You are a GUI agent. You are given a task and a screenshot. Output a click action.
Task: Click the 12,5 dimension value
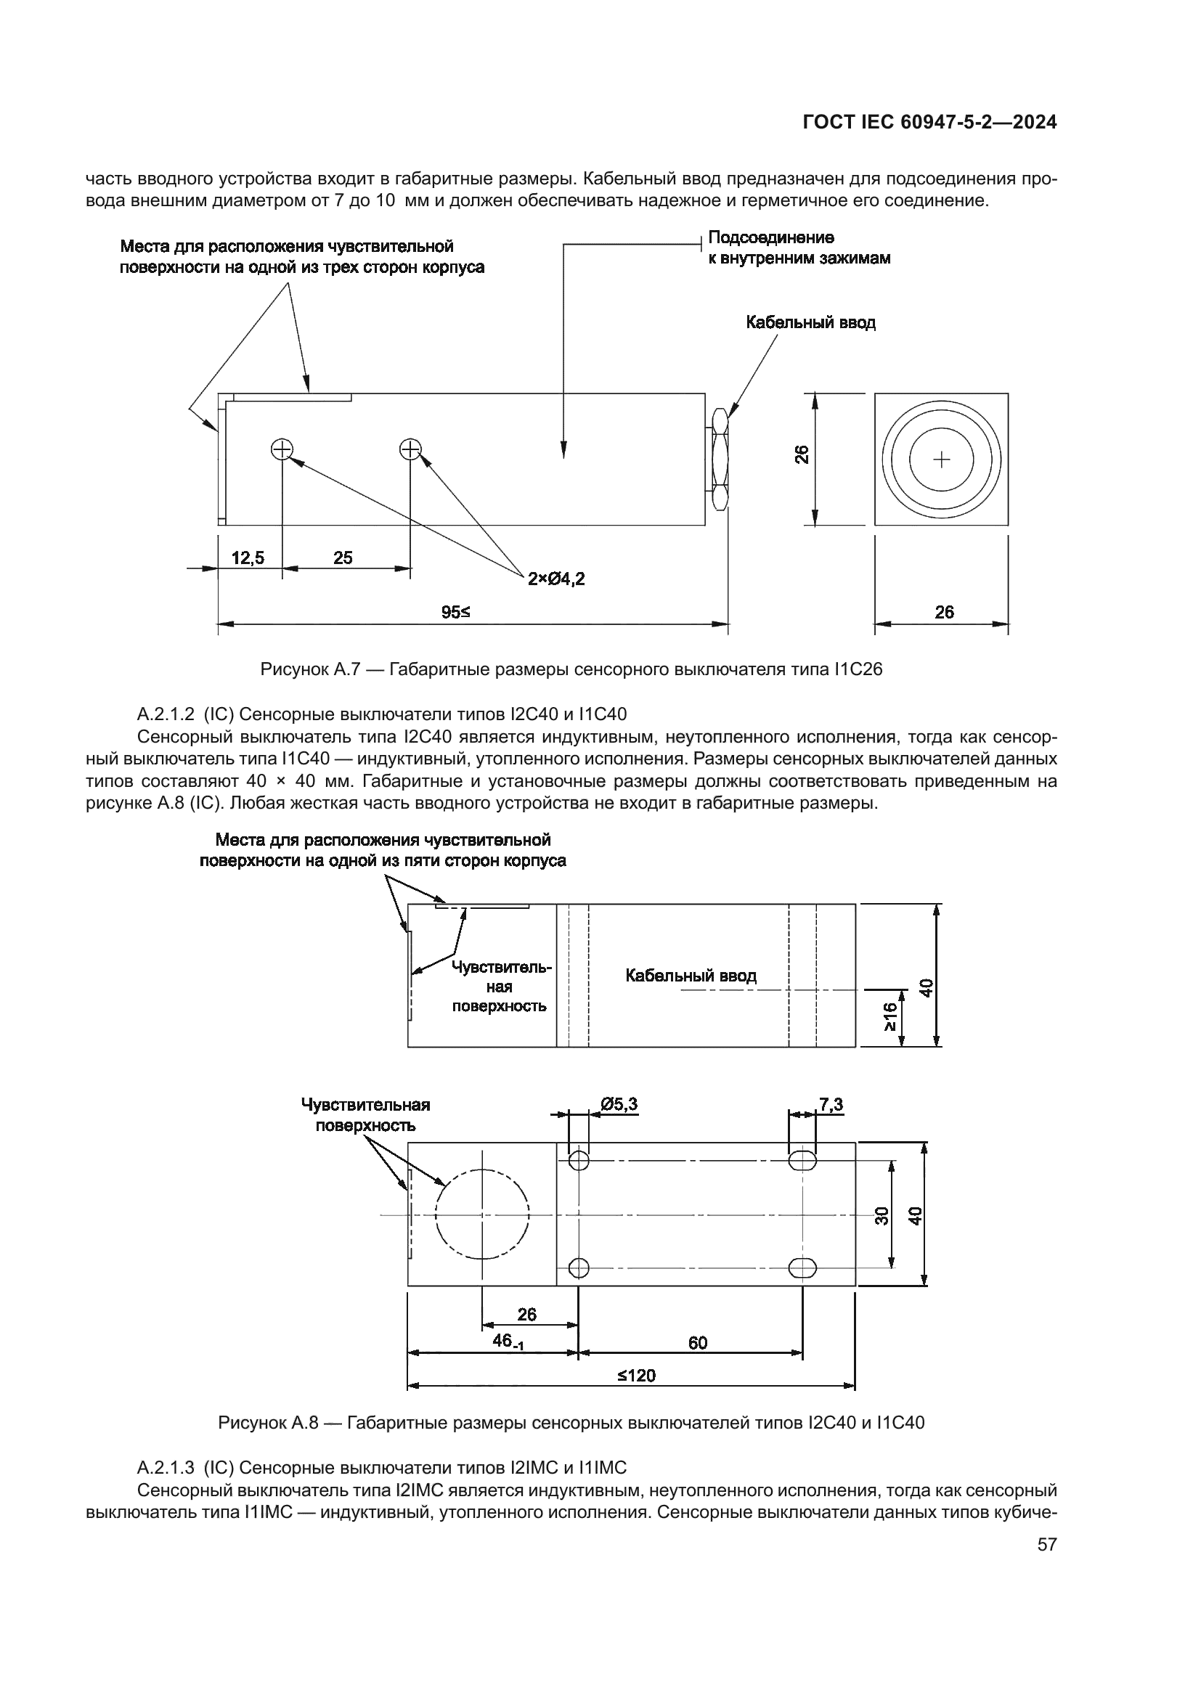tap(248, 558)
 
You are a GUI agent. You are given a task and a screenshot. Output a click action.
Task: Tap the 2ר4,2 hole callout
tap(556, 579)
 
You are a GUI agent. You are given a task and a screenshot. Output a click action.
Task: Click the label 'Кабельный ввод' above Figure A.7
tap(810, 322)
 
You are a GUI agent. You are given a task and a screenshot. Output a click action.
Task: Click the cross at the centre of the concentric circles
tap(942, 460)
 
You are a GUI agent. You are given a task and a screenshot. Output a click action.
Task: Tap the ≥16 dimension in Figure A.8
tap(889, 1017)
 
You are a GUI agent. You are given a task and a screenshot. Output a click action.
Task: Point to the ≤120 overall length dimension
tap(637, 1375)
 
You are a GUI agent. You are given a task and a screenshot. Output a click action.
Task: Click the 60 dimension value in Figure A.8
tap(697, 1342)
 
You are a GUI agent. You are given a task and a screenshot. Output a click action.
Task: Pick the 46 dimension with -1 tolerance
tap(508, 1341)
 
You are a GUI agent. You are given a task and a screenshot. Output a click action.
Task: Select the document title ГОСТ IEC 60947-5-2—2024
tap(929, 123)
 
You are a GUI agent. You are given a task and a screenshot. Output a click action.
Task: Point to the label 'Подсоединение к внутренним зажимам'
tap(799, 248)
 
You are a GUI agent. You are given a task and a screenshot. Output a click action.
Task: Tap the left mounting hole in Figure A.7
tap(282, 449)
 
